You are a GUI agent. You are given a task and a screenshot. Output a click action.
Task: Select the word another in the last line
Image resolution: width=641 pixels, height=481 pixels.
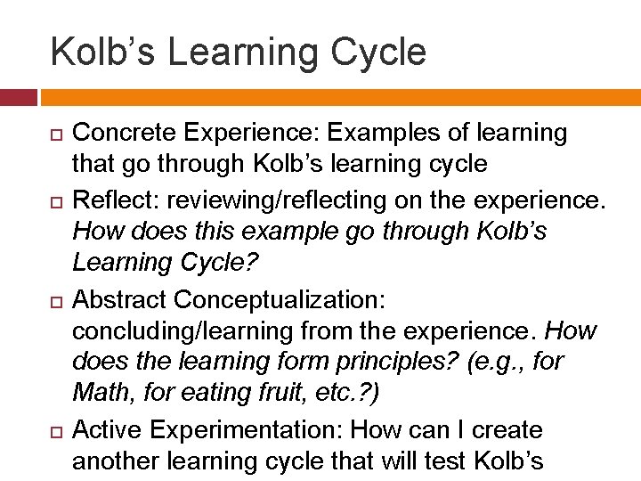113,462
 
